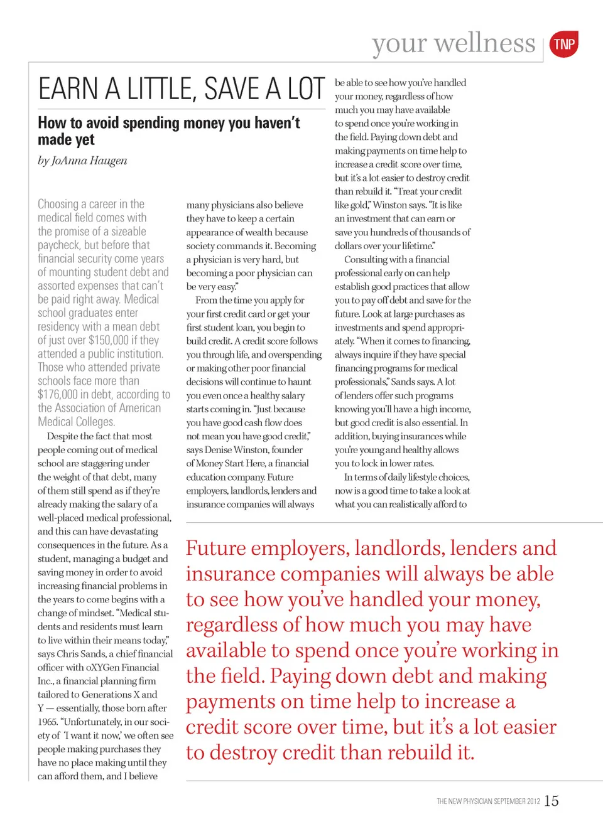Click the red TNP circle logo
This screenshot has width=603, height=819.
pos(563,44)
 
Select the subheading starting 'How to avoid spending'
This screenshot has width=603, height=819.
pos(168,131)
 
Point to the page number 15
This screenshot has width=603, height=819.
pos(551,801)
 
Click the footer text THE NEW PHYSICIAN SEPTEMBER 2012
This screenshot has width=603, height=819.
pos(488,801)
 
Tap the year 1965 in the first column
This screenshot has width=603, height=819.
pos(47,722)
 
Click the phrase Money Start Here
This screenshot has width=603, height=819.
pos(231,463)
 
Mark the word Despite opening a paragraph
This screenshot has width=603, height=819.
pos(63,436)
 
